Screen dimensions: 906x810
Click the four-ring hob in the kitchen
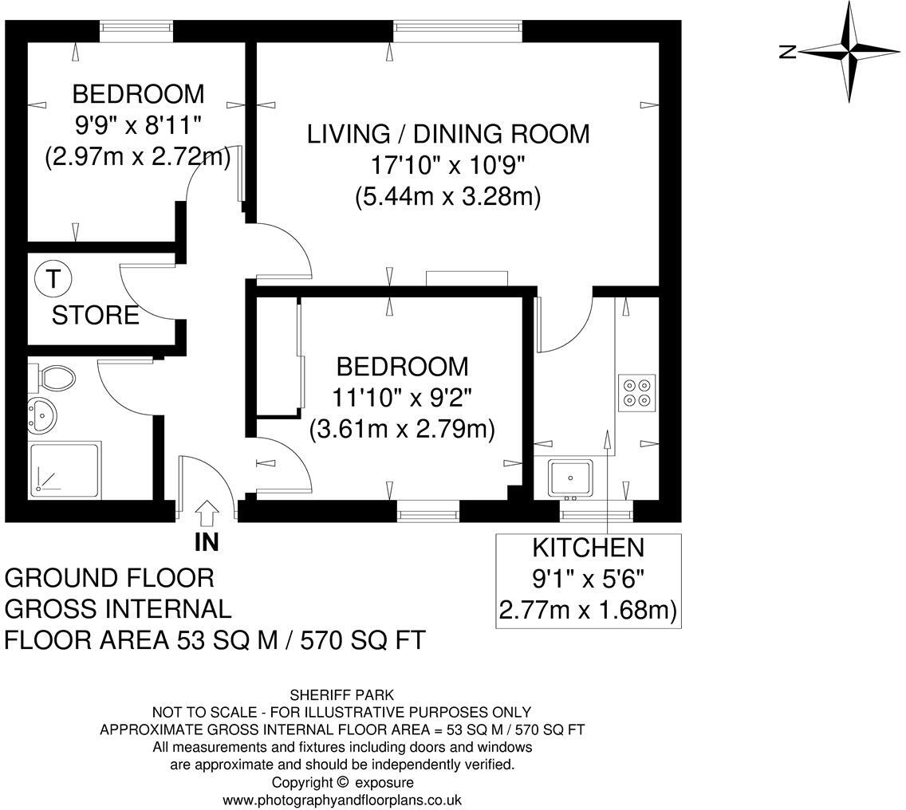(x=636, y=393)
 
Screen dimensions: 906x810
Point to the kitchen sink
(x=570, y=478)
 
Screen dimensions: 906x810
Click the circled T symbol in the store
(x=53, y=279)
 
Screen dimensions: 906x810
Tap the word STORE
(x=96, y=316)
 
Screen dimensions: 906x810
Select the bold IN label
(x=207, y=542)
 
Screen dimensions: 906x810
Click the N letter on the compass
(x=787, y=52)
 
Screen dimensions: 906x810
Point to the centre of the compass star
(x=849, y=52)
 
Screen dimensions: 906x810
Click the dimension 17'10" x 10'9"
(x=447, y=167)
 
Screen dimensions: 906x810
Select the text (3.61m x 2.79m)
(x=402, y=430)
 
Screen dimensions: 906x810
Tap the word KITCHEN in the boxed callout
(x=589, y=548)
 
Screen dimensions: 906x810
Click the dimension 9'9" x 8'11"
(x=137, y=125)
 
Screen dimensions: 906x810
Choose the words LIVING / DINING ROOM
(x=448, y=134)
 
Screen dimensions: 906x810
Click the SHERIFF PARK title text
(x=342, y=694)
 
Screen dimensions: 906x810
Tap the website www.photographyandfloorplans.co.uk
(x=342, y=800)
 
